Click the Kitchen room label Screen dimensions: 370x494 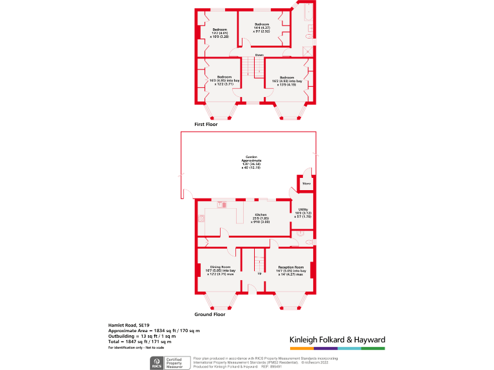261,218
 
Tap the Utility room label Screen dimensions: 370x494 302,213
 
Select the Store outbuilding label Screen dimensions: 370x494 306,184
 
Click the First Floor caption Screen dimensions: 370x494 206,124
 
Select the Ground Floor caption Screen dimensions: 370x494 210,315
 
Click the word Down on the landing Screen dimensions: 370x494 259,55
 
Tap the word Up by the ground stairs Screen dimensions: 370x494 259,273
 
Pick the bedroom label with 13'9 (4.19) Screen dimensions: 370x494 288,81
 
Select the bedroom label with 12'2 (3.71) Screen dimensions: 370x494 224,81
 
